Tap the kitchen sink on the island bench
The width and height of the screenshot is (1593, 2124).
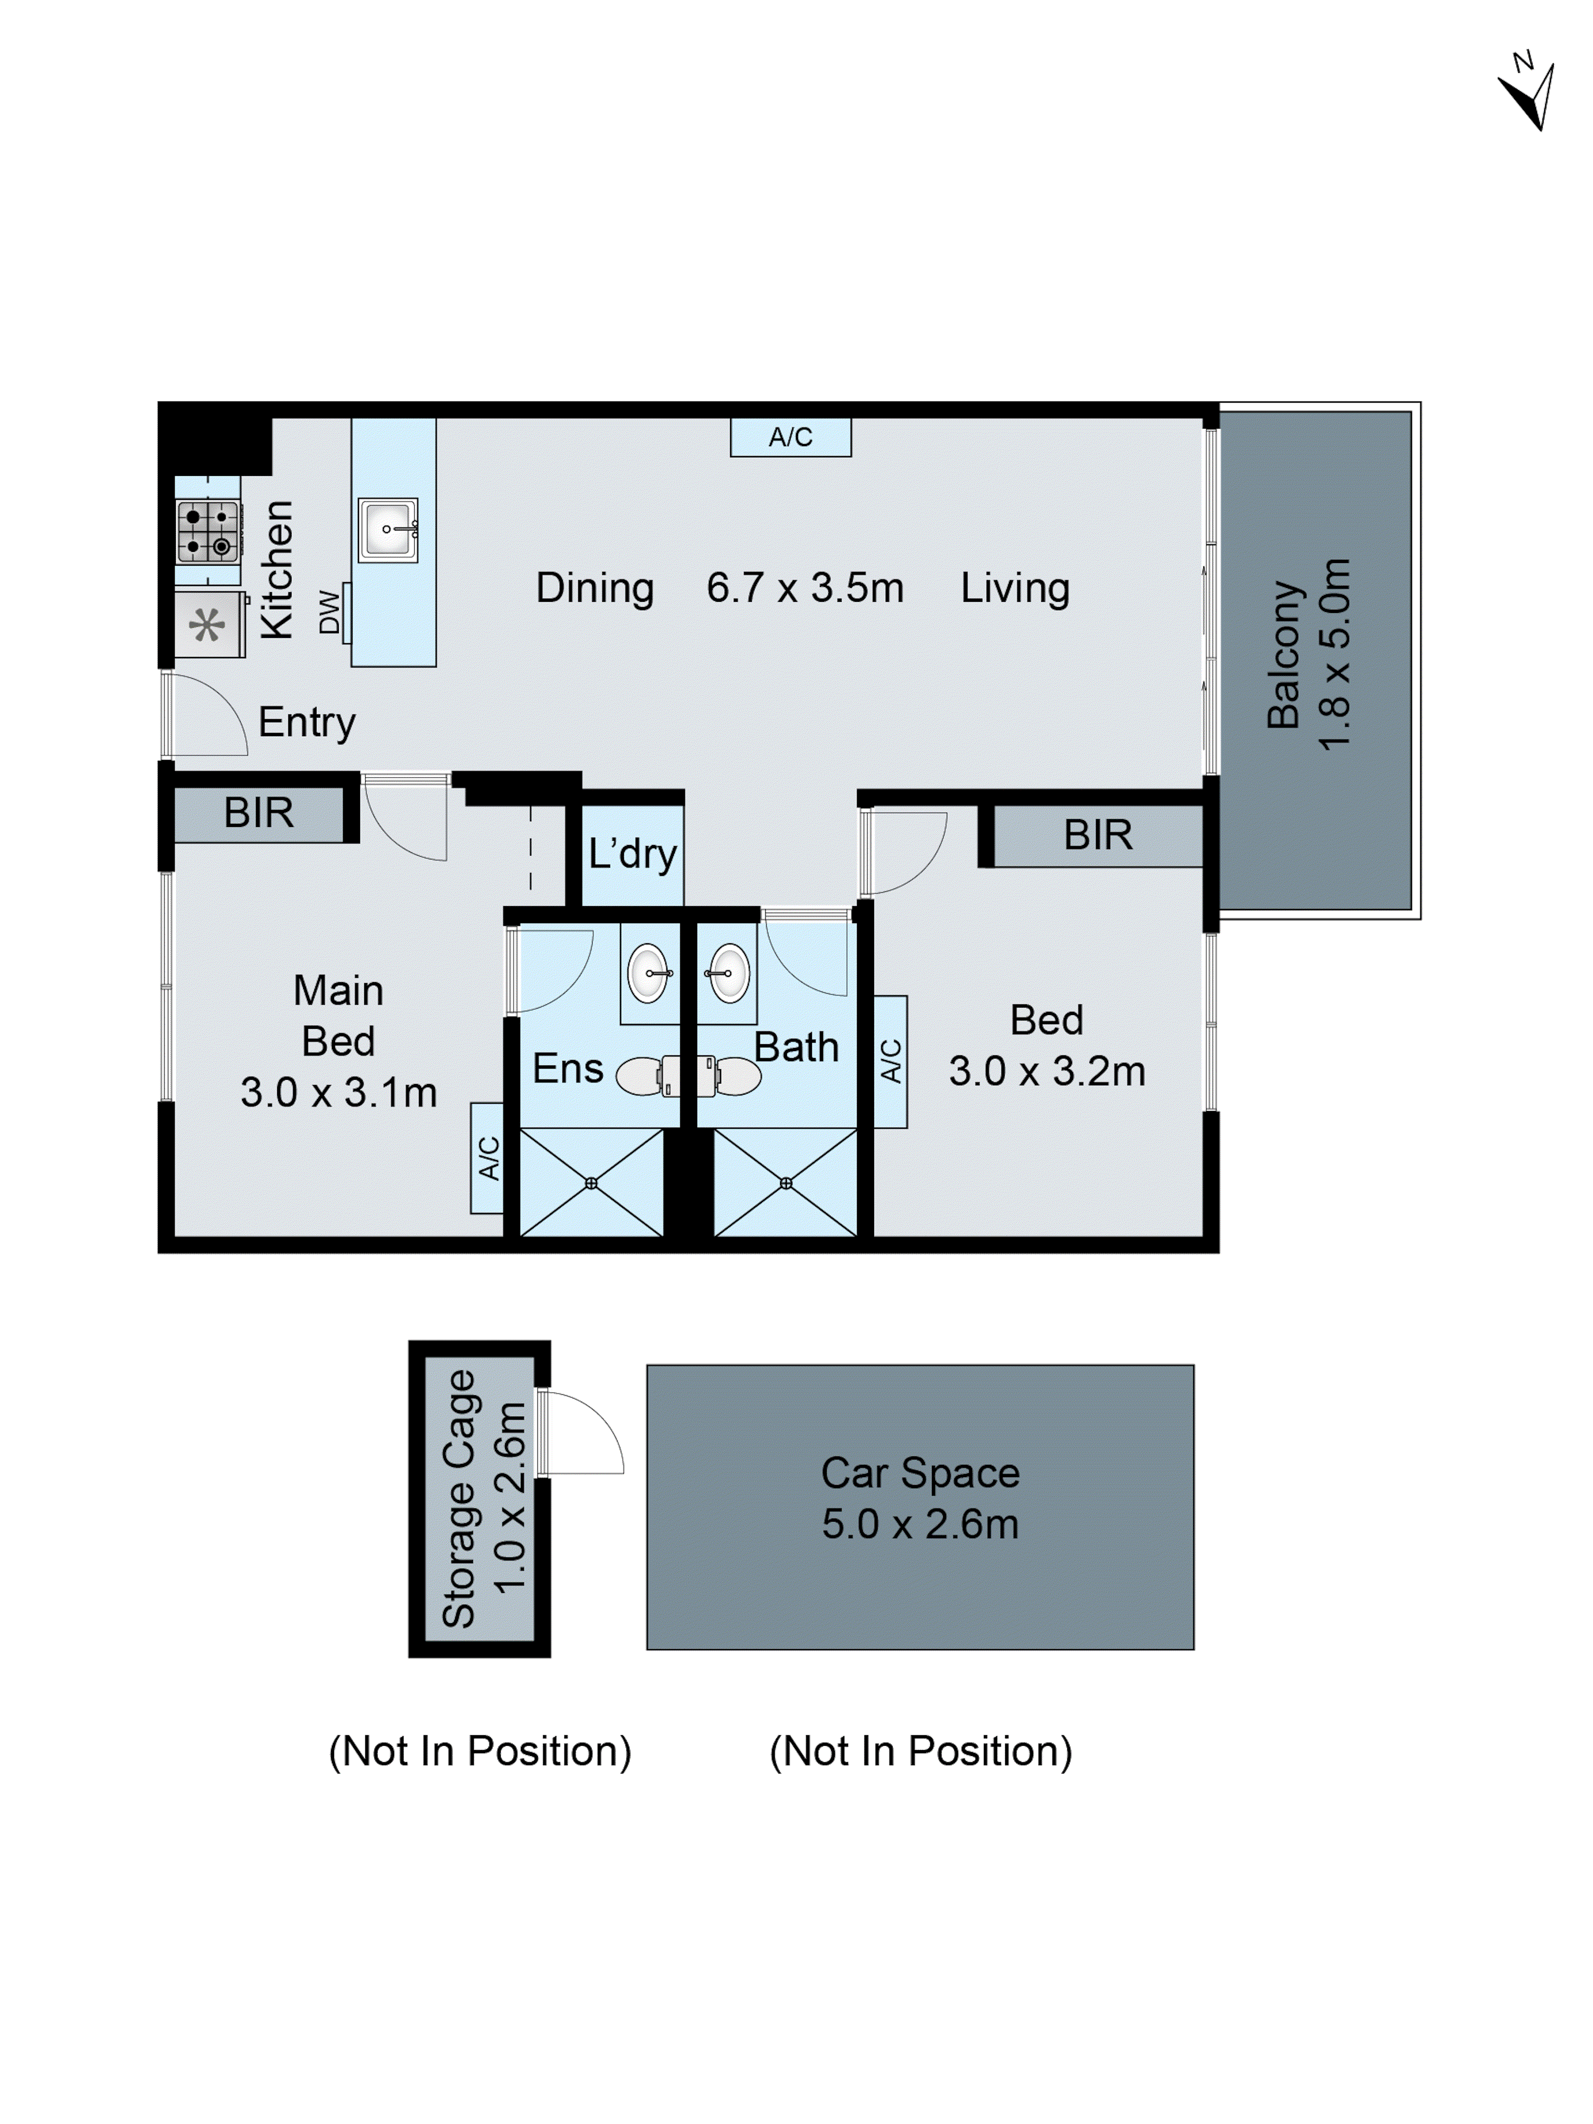(388, 529)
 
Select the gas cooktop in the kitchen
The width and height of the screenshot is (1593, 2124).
(208, 531)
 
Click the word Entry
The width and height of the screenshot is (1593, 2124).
(306, 723)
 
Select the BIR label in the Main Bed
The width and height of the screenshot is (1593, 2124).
(258, 813)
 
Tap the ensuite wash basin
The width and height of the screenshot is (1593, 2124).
(648, 973)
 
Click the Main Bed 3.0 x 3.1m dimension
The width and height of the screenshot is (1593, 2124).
(338, 1093)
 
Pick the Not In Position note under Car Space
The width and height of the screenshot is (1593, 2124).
(919, 1751)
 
